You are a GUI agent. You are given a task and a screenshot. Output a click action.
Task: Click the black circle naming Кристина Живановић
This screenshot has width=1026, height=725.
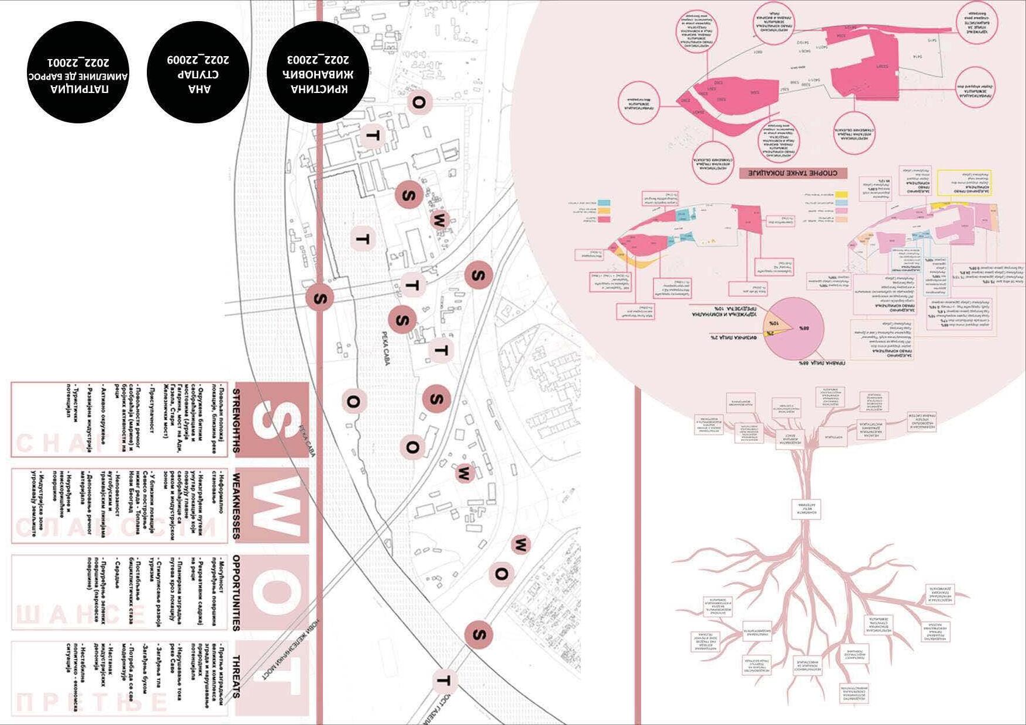pyautogui.click(x=318, y=72)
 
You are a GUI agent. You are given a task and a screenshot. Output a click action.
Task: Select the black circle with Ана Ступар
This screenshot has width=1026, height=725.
pyautogui.click(x=198, y=72)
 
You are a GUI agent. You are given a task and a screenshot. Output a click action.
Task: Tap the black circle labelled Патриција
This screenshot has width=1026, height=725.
pyautogui.click(x=78, y=72)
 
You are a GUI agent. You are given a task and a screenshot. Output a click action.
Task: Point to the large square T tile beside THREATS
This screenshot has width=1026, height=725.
pyautogui.click(x=272, y=678)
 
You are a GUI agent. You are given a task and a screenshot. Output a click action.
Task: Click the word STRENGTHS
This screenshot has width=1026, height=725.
pyautogui.click(x=236, y=420)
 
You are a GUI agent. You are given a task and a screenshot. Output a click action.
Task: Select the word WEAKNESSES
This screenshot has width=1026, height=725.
pyautogui.click(x=236, y=505)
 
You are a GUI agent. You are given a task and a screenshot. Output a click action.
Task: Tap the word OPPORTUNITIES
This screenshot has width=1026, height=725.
pyautogui.click(x=236, y=593)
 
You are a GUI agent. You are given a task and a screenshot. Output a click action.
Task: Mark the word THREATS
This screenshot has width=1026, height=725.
pyautogui.click(x=236, y=676)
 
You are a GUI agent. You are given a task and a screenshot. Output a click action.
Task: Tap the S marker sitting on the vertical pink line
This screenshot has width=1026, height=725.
pyautogui.click(x=319, y=298)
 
